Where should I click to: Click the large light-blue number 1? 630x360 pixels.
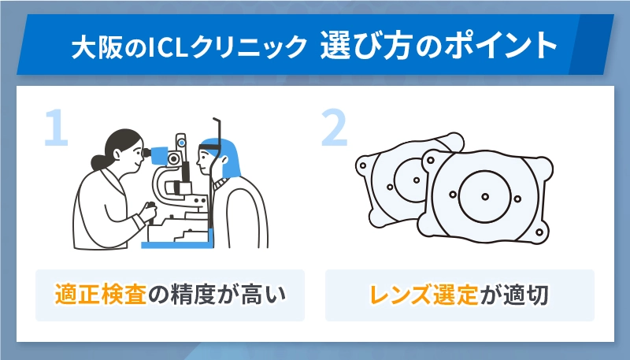coord(54,128)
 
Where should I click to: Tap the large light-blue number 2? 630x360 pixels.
coord(334,128)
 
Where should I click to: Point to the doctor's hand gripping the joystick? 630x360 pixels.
coord(148,211)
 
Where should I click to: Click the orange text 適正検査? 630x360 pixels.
coord(101,295)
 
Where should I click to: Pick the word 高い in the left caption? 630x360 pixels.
coord(266,295)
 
